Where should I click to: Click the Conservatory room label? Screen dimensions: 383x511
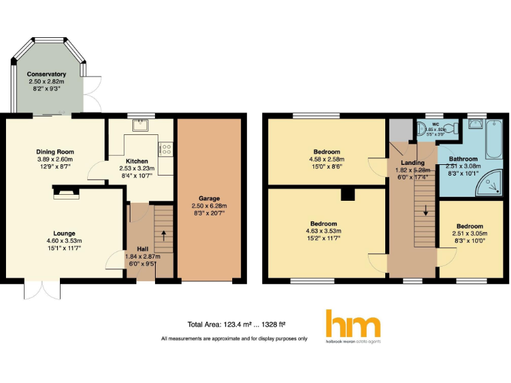coord(47,74)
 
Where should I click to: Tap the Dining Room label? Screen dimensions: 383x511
coord(55,152)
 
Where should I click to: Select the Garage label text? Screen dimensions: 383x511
coord(209,198)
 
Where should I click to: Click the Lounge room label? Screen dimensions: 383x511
coord(63,233)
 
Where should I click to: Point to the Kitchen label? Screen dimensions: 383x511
coord(137,162)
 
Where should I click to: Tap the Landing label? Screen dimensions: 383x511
coord(413,163)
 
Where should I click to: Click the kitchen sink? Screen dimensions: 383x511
coord(140,124)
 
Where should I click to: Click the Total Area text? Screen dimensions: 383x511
coord(237,324)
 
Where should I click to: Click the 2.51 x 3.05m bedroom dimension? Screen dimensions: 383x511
coord(469,234)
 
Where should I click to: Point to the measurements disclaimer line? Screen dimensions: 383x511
coord(234,338)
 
